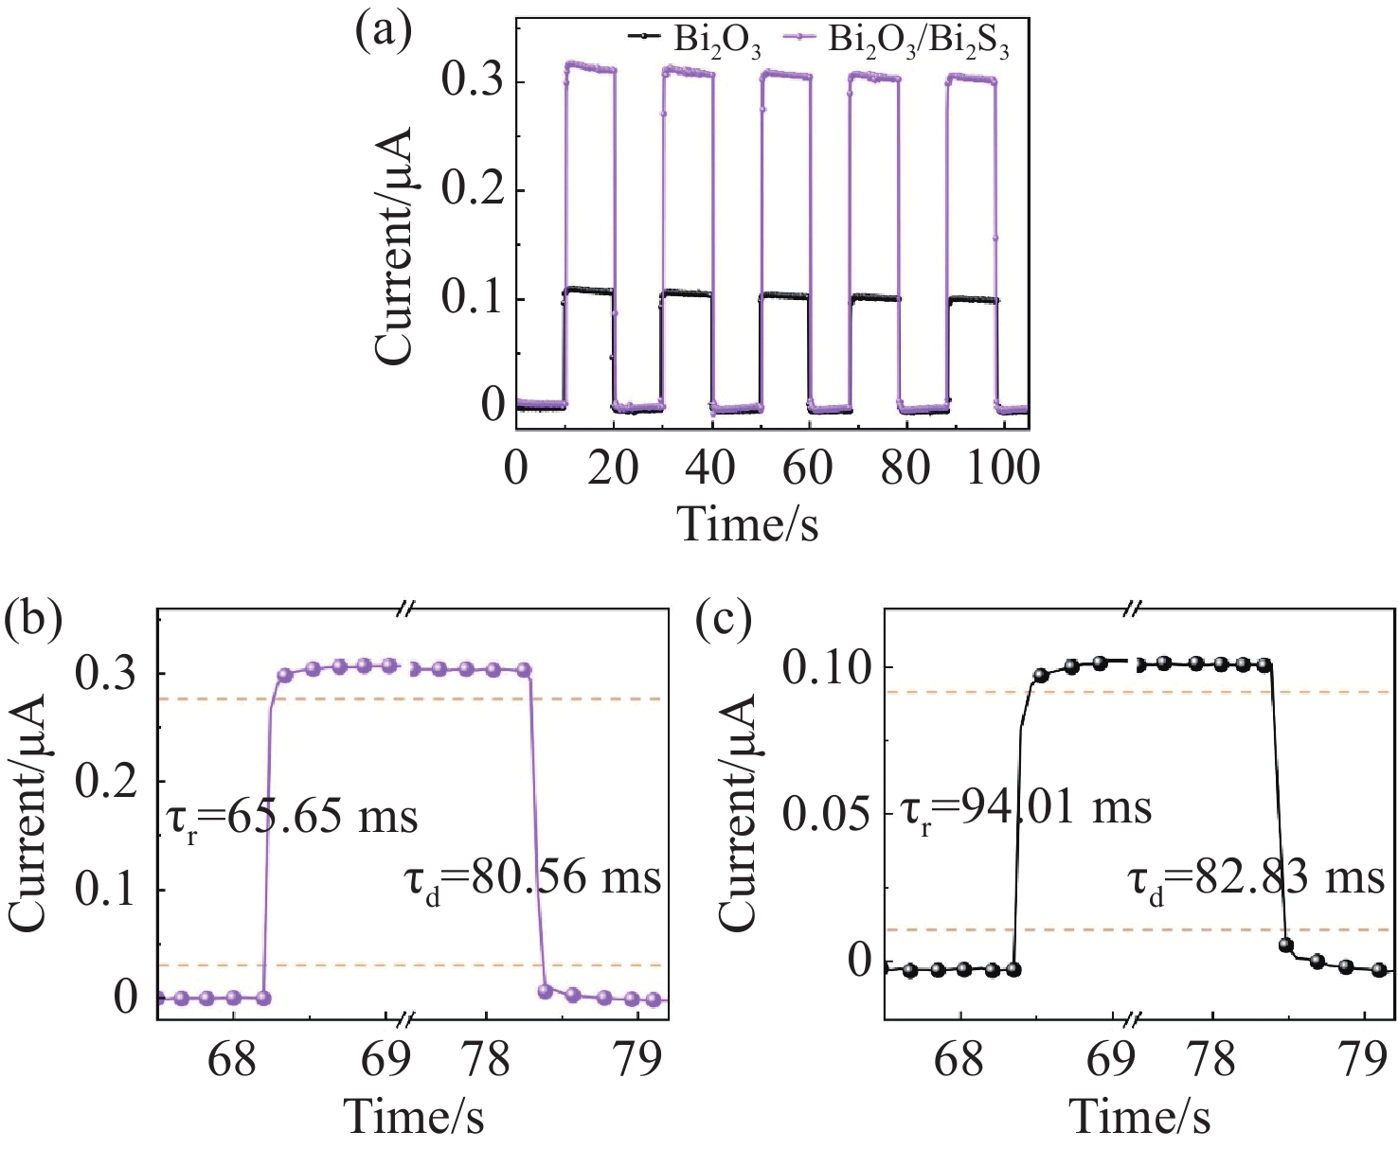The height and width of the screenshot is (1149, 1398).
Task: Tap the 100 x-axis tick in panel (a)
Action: (1003, 467)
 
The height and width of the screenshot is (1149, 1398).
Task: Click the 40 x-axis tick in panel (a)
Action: (710, 467)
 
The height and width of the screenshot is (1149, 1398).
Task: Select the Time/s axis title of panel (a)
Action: (748, 523)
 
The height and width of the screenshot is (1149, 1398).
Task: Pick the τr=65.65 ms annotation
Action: (292, 816)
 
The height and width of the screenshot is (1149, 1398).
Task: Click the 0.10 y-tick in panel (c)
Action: (827, 668)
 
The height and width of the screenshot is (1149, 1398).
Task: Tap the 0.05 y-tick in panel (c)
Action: (827, 814)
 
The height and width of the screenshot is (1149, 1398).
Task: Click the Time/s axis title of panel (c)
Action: (1140, 1117)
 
